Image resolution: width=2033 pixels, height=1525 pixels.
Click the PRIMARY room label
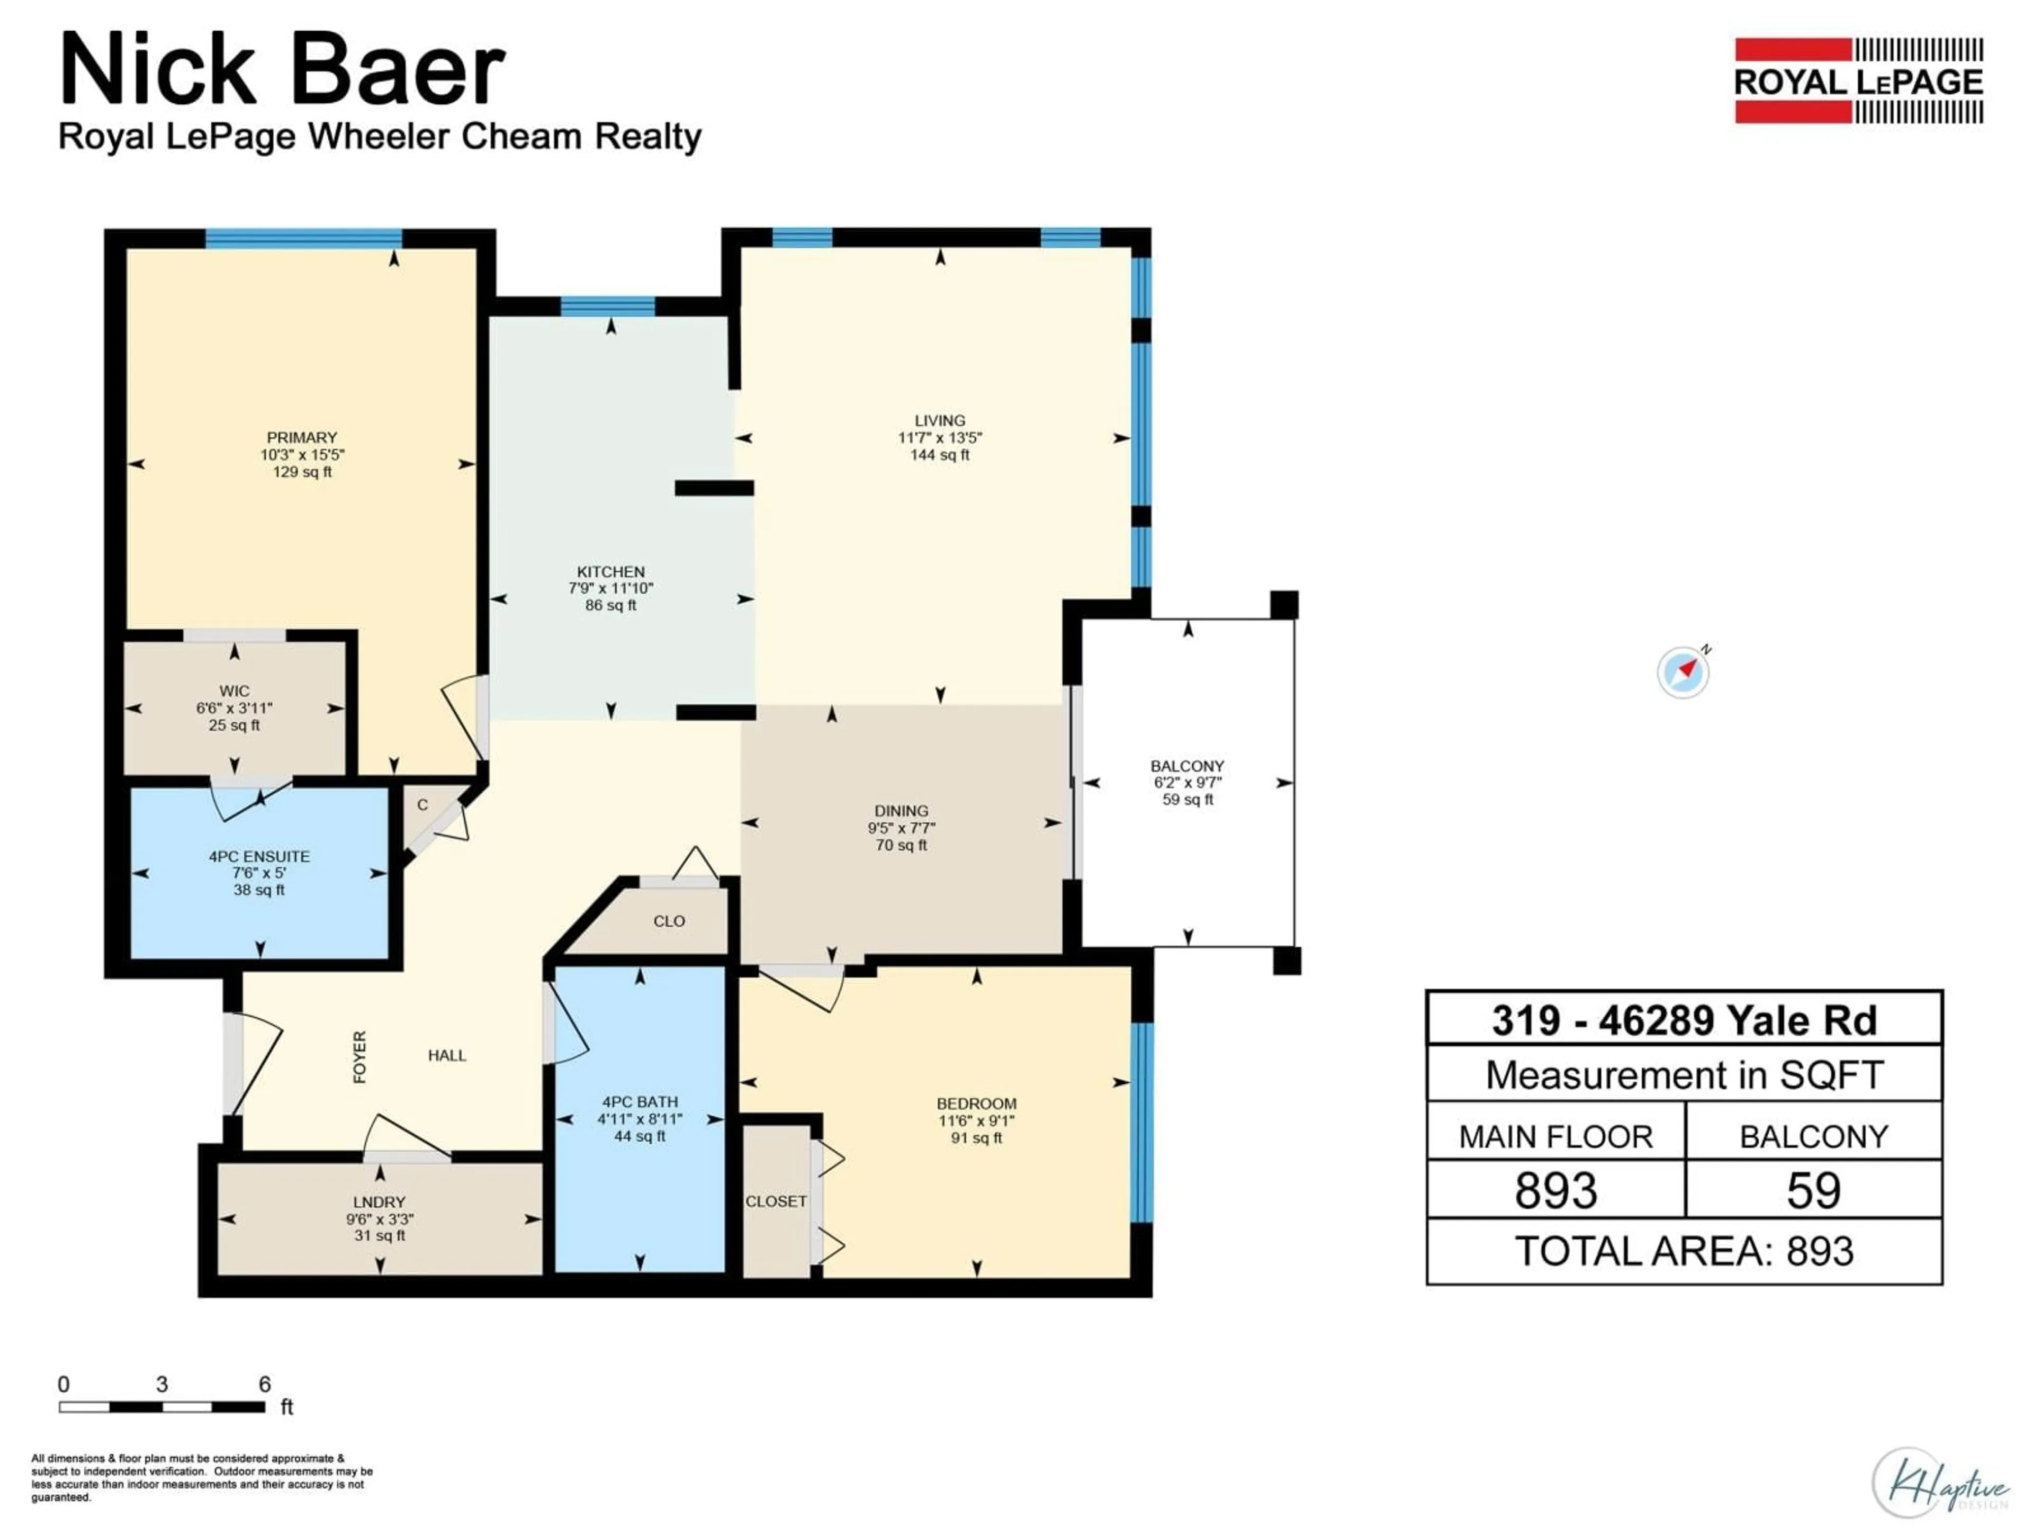click(301, 437)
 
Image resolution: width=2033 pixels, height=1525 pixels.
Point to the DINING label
click(901, 811)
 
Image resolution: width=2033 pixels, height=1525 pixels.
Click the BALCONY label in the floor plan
click(1188, 766)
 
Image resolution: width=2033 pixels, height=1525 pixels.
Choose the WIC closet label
click(235, 691)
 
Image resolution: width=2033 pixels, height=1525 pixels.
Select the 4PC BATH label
click(640, 1102)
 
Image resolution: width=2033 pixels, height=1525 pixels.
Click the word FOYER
click(359, 1057)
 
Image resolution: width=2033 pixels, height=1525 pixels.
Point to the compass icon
click(1684, 672)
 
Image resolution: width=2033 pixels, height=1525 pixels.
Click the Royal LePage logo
click(1858, 81)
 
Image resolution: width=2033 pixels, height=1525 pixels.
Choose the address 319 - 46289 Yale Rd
click(1684, 1020)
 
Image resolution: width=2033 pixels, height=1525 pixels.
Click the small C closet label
click(422, 805)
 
